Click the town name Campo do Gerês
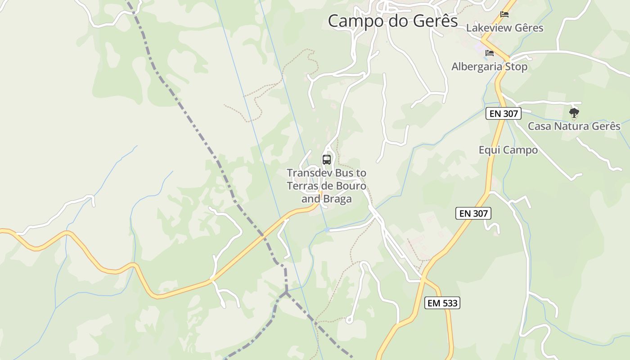click(x=392, y=21)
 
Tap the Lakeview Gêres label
click(x=504, y=28)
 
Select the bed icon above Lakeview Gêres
click(x=504, y=14)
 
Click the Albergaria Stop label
click(x=489, y=67)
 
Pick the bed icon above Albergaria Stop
click(x=490, y=53)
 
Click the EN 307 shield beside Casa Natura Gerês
click(x=504, y=113)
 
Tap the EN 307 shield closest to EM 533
click(x=473, y=213)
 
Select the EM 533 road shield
click(x=442, y=303)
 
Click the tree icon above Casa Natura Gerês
click(x=574, y=112)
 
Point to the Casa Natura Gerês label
click(x=574, y=126)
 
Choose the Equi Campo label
click(x=508, y=150)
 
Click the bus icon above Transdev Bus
click(x=327, y=159)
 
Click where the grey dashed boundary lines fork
click(x=286, y=293)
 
